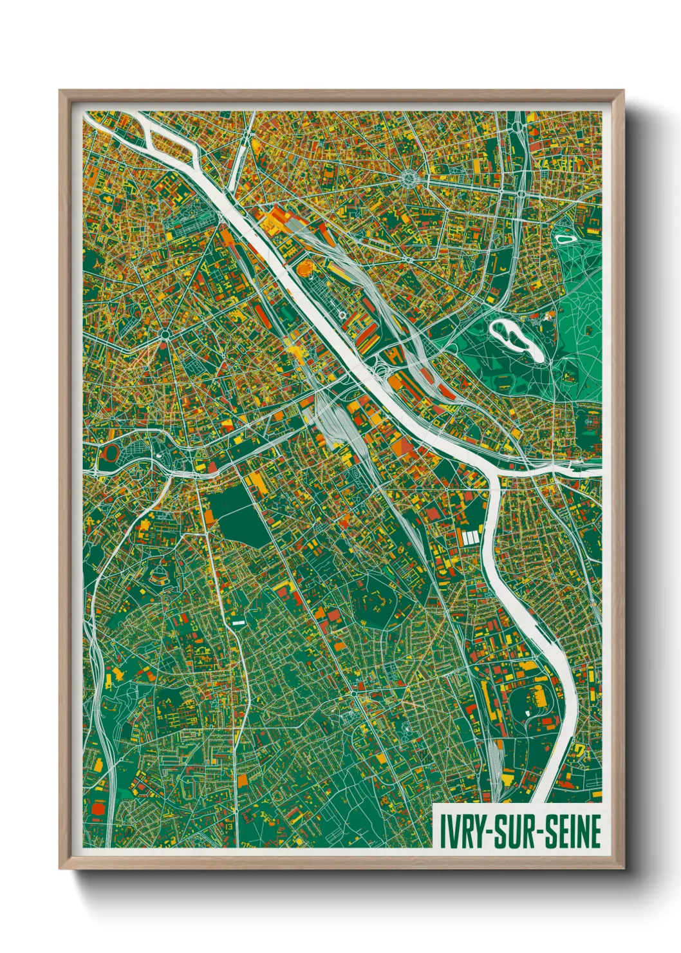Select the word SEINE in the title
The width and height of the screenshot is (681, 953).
point(574,831)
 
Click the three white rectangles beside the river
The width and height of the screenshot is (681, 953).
point(470,536)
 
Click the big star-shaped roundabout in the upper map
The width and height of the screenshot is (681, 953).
point(409,176)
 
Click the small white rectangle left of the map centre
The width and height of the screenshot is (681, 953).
point(238,623)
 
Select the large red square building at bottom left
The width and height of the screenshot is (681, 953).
point(100,807)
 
